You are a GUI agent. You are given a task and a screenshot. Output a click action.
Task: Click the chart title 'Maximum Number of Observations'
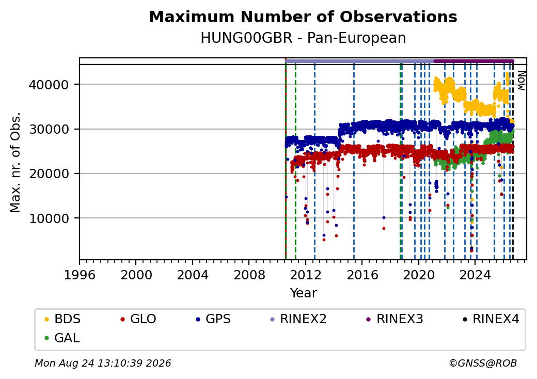[x=303, y=17]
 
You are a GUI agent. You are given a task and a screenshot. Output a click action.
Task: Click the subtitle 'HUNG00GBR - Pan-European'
[x=303, y=38]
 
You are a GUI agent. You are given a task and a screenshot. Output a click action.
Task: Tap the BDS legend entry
[x=62, y=319]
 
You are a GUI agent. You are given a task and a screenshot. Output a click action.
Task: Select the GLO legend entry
[x=138, y=319]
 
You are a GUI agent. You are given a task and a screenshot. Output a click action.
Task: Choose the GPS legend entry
[x=213, y=319]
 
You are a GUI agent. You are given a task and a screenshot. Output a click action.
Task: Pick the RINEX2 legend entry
[x=298, y=319]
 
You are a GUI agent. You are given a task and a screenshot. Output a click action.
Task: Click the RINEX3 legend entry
[x=395, y=319]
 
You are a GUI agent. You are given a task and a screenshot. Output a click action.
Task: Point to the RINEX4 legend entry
[x=491, y=319]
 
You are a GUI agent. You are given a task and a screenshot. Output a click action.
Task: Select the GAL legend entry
[x=62, y=338]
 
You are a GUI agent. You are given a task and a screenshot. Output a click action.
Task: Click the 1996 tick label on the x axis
[x=80, y=275]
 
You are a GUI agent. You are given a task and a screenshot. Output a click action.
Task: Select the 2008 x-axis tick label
[x=249, y=275]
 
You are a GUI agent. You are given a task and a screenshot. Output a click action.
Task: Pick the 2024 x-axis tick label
[x=475, y=275]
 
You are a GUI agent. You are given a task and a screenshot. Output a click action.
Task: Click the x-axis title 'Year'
[x=304, y=293]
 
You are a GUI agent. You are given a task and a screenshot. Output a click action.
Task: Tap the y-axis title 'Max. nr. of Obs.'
[x=15, y=162]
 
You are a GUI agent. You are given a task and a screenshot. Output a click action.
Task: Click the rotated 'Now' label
[x=521, y=81]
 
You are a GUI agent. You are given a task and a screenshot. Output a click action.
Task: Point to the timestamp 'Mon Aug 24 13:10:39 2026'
[x=103, y=363]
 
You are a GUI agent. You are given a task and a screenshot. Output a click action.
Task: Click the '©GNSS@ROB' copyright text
[x=483, y=363]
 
